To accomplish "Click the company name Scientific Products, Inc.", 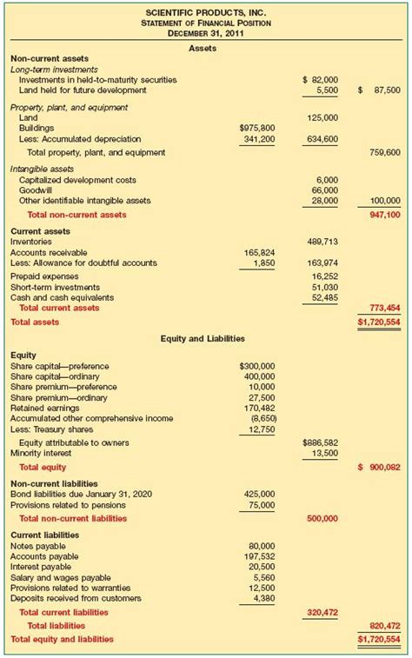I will [206, 11].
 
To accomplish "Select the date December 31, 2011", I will [206, 33].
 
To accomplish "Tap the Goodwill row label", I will [37, 189].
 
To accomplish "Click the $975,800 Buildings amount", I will [257, 127].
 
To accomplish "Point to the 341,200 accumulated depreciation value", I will [260, 138].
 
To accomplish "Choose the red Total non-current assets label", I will [76, 214].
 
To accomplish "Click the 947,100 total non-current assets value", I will [383, 214].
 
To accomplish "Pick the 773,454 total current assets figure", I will [383, 308].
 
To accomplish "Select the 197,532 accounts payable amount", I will [258, 555].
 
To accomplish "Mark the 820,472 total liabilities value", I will [383, 625].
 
